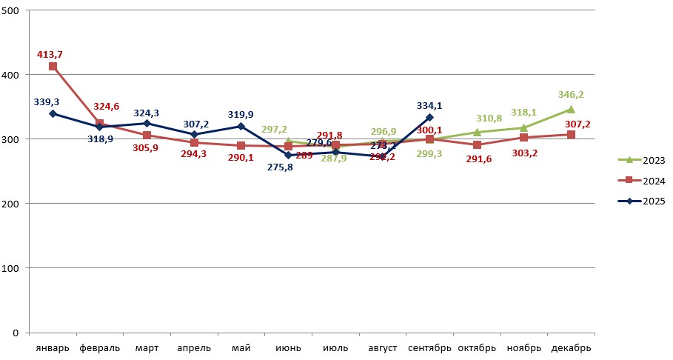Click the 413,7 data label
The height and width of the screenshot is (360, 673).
(x=50, y=54)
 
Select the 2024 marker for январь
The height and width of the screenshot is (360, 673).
(x=53, y=66)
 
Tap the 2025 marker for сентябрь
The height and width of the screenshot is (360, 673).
(x=429, y=117)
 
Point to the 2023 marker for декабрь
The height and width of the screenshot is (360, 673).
(x=571, y=110)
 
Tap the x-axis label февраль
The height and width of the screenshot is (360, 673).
(x=99, y=347)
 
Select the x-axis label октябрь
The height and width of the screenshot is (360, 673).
(x=477, y=347)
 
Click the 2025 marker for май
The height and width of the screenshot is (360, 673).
(x=241, y=127)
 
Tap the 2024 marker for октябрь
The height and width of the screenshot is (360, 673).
(x=477, y=144)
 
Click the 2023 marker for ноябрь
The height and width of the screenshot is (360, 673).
(x=523, y=127)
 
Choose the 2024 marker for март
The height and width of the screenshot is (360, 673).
(x=147, y=136)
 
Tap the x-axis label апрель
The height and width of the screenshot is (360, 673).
(x=194, y=347)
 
